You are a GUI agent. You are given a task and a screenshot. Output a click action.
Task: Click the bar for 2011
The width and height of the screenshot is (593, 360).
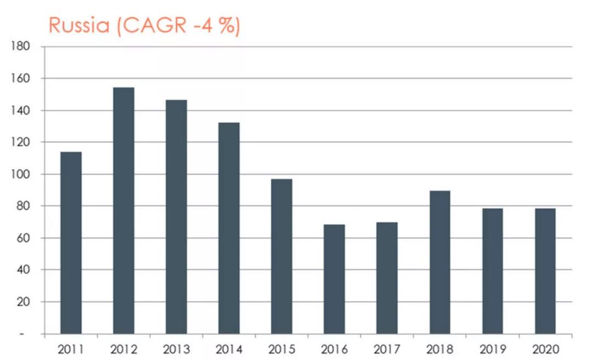(x=71, y=243)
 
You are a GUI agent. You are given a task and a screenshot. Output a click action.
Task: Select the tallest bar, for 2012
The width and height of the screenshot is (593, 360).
(x=124, y=210)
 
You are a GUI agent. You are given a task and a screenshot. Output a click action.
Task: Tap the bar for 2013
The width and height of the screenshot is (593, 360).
(x=176, y=217)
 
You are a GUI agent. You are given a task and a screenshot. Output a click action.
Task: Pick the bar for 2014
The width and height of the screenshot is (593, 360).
(x=229, y=228)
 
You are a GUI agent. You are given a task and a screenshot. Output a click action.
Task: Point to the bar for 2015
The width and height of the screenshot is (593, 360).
(x=282, y=256)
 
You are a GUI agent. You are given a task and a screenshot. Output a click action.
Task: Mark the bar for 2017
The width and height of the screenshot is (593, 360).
(x=387, y=278)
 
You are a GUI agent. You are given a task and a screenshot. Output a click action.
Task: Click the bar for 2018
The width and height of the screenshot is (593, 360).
(x=440, y=262)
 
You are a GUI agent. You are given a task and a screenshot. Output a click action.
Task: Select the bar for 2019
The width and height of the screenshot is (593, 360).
(x=493, y=271)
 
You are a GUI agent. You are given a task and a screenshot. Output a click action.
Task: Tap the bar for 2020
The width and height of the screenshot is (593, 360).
(x=545, y=271)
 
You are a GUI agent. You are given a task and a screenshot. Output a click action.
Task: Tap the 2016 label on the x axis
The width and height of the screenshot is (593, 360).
(x=334, y=349)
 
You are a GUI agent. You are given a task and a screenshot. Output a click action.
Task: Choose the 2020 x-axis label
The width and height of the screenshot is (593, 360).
(x=545, y=349)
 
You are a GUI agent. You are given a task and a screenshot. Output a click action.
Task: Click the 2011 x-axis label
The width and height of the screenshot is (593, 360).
(x=71, y=349)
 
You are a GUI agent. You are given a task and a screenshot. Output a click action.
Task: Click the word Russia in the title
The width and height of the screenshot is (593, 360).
(x=80, y=26)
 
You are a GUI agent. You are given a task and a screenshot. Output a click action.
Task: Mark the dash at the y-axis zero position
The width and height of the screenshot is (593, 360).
(x=23, y=334)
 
